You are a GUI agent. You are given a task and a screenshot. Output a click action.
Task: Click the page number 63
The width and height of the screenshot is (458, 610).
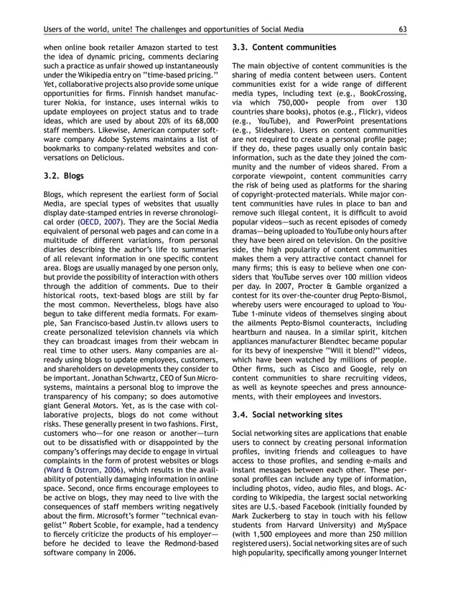pyautogui.click(x=404, y=29)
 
